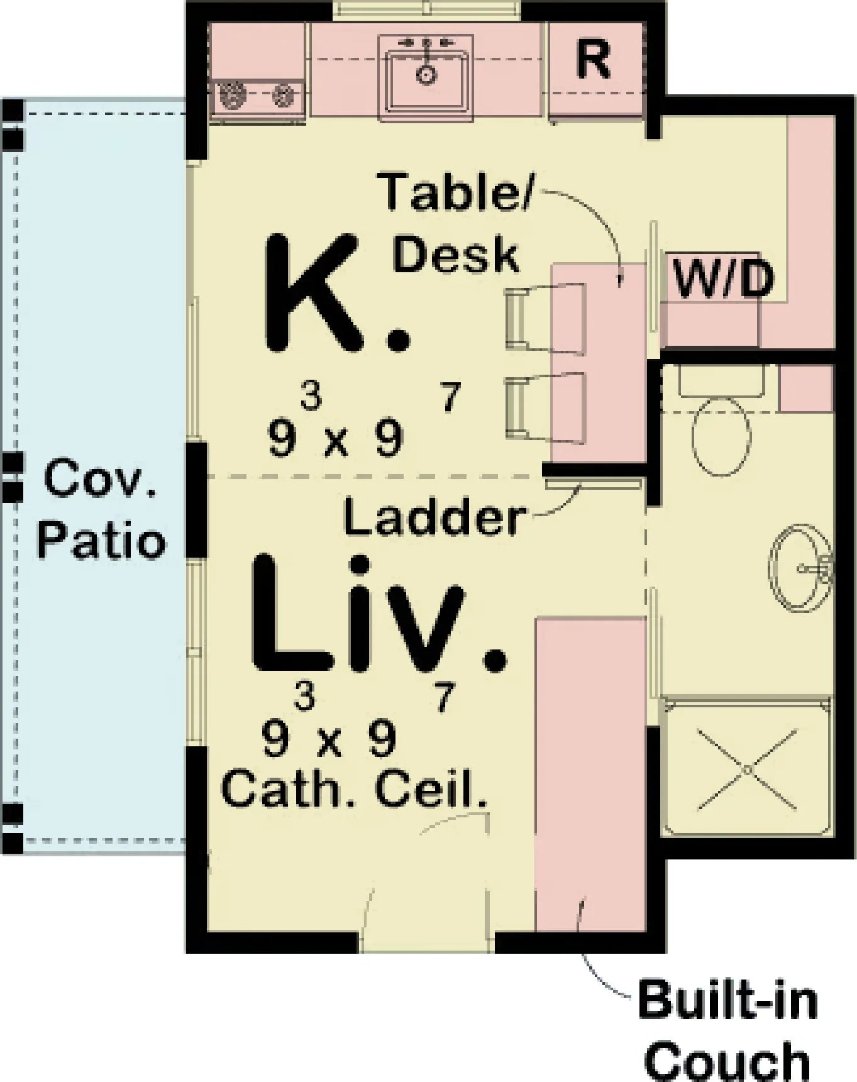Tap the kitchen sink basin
426,76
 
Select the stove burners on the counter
258,96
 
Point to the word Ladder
434,518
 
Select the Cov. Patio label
101,509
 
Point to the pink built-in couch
590,773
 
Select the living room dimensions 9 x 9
329,738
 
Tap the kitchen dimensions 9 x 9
335,438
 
